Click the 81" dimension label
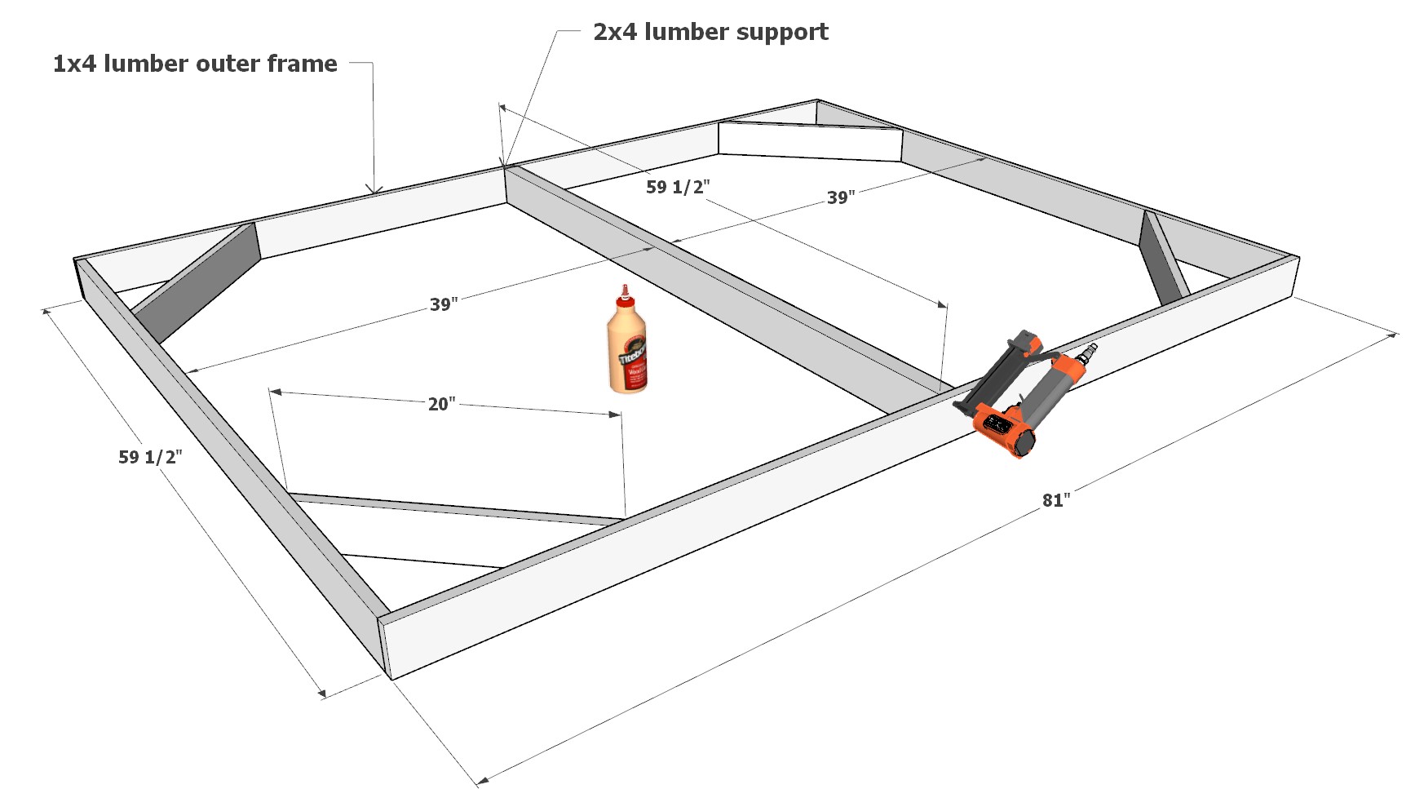[1055, 500]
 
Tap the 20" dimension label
[441, 404]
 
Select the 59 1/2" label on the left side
[150, 457]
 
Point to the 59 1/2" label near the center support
[678, 187]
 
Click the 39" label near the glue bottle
[444, 304]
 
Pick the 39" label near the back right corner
[841, 197]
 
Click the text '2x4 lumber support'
[710, 32]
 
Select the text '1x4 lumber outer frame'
[195, 64]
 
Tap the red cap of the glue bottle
[626, 293]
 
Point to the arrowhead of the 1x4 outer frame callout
[374, 190]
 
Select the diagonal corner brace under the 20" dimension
[457, 508]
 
